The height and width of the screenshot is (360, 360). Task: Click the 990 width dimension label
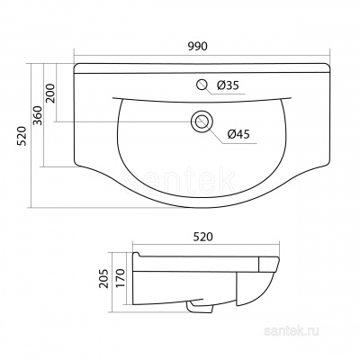198,47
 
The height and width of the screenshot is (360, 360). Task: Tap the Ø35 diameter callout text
229,85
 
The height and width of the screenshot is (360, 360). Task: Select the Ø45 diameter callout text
238,134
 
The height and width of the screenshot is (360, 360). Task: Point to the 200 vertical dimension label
50,94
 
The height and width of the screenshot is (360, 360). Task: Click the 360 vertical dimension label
38,115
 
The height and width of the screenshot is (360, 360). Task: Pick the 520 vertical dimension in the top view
22,136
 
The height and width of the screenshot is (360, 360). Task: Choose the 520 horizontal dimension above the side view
202,237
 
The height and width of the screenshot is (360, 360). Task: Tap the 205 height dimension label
104,278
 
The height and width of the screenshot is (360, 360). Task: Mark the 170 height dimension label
120,278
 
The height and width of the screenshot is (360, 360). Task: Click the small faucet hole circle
202,85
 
